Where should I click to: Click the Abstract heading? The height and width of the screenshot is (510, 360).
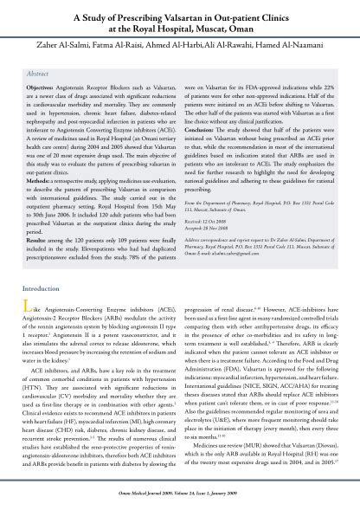click(x=42, y=74)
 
